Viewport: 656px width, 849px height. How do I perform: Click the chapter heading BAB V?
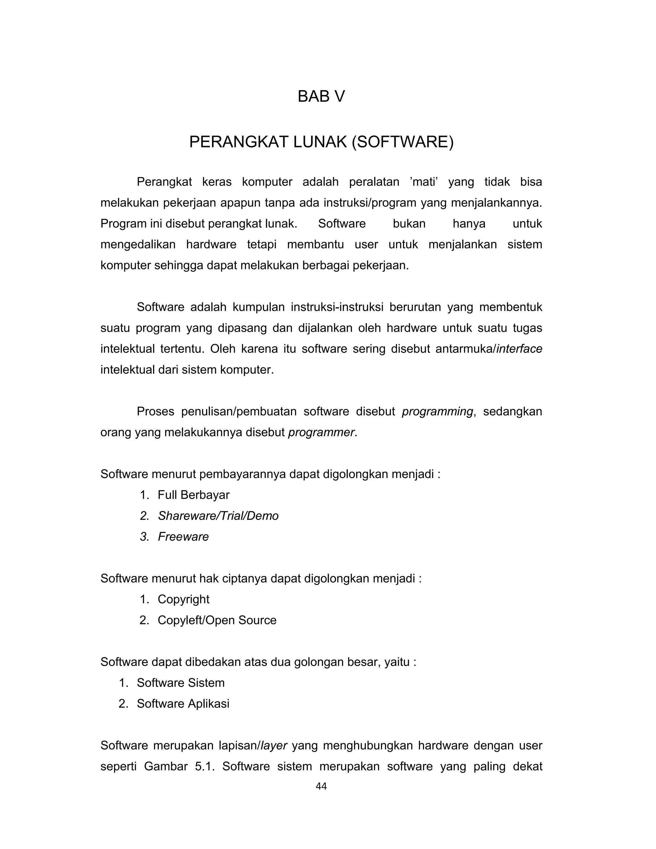click(x=321, y=96)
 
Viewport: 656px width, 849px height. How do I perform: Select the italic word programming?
click(x=437, y=411)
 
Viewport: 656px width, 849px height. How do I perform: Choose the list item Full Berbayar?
click(x=193, y=495)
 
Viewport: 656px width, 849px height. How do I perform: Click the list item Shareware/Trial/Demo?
click(x=218, y=516)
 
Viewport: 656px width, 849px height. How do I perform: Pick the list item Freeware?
click(x=183, y=537)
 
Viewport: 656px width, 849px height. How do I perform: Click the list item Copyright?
click(x=184, y=599)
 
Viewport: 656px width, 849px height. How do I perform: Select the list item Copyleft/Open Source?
click(x=217, y=620)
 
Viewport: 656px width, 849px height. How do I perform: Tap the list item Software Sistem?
click(x=181, y=683)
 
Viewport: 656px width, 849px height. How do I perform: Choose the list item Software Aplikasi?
click(x=183, y=704)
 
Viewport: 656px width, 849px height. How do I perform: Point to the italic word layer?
click(x=274, y=746)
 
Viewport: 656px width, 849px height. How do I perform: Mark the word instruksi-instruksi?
click(x=337, y=307)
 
